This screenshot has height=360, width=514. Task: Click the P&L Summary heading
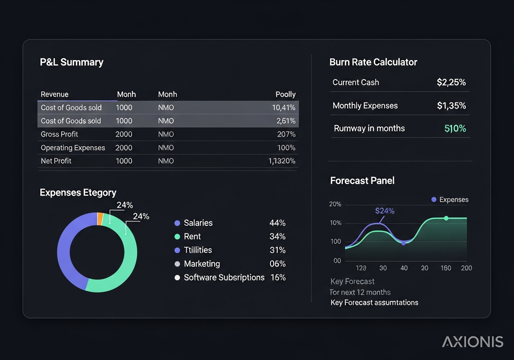[71, 62]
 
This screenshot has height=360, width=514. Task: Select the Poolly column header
[286, 94]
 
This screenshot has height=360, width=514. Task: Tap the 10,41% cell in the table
[284, 108]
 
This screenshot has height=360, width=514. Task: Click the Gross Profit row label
[59, 134]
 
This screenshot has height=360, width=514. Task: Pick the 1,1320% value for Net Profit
[282, 161]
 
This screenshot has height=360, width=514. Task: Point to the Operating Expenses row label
[73, 148]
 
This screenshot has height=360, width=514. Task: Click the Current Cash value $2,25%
[451, 82]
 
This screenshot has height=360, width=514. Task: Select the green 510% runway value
[455, 129]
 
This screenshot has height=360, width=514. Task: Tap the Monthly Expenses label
[365, 106]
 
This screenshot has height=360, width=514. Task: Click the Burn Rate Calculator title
[373, 62]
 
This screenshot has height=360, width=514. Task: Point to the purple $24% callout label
[385, 211]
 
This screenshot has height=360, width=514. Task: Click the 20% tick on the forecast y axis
[335, 204]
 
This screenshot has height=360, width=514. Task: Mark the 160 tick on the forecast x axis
[446, 268]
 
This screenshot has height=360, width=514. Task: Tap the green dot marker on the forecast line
[446, 218]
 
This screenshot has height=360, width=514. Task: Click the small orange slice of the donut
[100, 219]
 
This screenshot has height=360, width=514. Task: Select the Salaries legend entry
[198, 223]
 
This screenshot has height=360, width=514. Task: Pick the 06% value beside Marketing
[277, 264]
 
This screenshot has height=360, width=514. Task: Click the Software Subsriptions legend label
[224, 278]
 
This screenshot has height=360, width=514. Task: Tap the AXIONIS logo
[473, 342]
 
